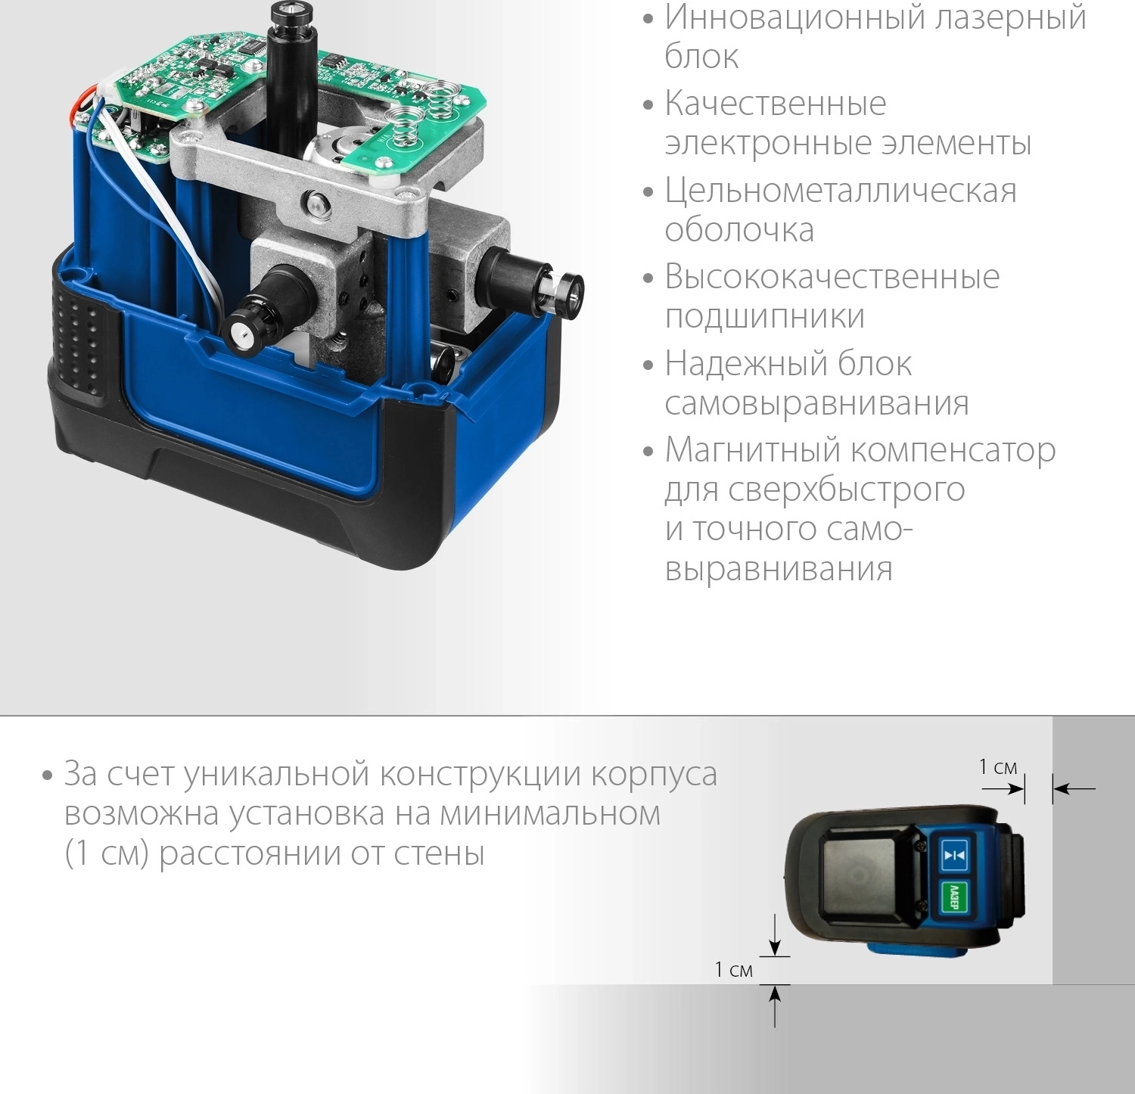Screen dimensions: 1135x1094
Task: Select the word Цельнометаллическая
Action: [x=841, y=191]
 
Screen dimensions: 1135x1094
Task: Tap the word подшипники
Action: [x=764, y=316]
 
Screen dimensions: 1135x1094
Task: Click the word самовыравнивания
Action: [x=816, y=403]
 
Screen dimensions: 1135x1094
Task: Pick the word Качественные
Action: [x=775, y=104]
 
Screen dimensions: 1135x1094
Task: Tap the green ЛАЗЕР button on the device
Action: [x=953, y=898]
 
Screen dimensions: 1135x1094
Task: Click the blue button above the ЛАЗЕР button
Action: [x=954, y=855]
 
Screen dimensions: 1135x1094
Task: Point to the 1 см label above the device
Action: [x=998, y=767]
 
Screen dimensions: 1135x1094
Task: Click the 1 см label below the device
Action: [x=733, y=970]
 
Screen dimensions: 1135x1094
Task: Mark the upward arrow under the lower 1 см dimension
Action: [x=775, y=1005]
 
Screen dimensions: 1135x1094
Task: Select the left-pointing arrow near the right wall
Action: [x=1074, y=789]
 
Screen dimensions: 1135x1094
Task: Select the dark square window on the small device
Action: [x=866, y=879]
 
